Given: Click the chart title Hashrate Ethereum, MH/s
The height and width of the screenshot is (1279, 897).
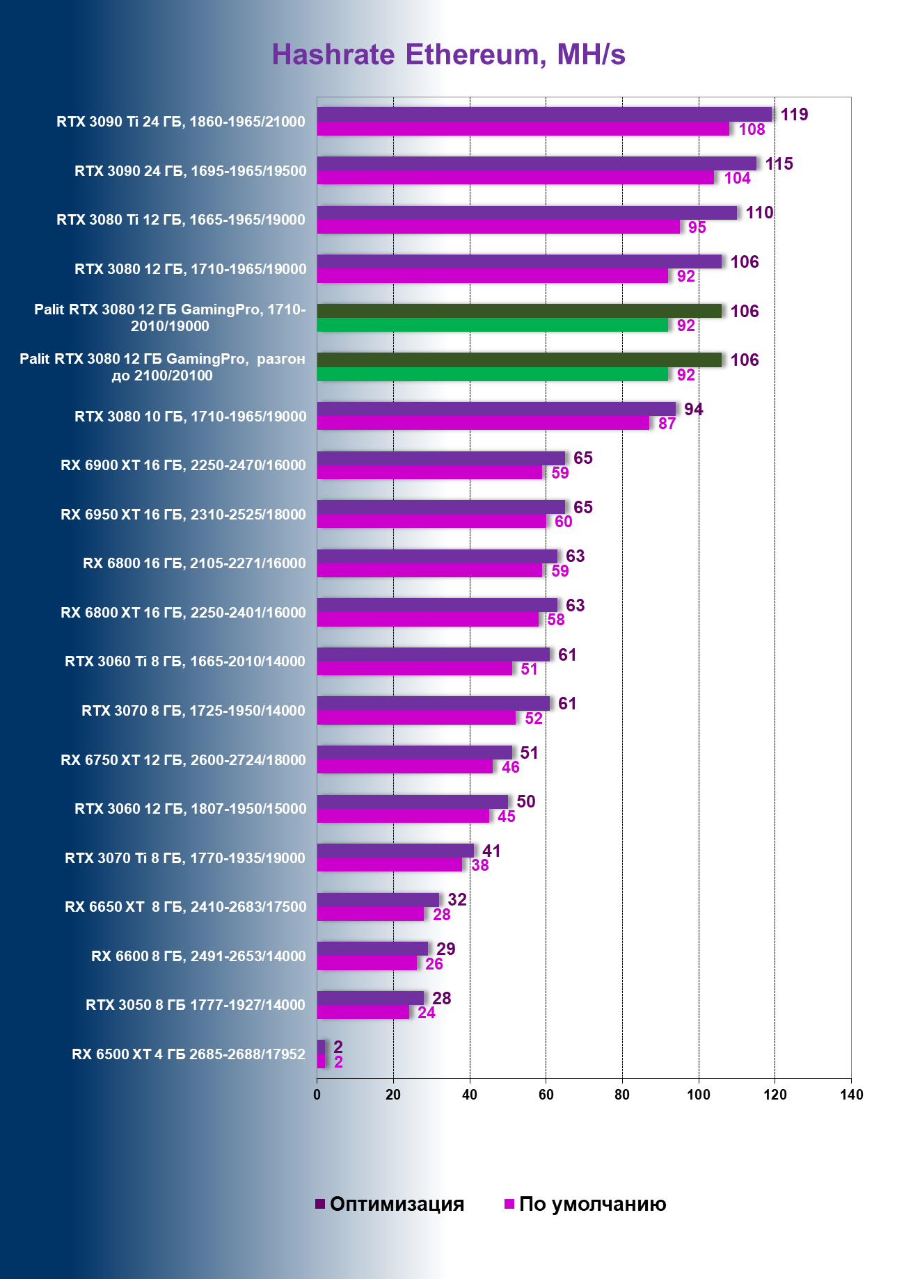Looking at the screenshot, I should [x=448, y=55].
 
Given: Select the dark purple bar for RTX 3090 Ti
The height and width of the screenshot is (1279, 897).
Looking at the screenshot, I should [x=544, y=115].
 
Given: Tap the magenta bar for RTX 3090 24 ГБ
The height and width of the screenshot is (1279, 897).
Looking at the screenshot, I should [x=516, y=178].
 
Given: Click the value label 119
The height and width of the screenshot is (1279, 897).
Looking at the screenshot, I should [x=794, y=115].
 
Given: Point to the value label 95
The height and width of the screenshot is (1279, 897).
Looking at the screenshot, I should [x=697, y=227].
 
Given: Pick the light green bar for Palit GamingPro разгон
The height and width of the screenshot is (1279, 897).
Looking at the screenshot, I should [x=493, y=374].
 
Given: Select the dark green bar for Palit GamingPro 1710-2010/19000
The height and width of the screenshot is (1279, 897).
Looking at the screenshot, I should [x=519, y=311].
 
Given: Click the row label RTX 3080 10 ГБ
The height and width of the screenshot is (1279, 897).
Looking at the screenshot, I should [x=190, y=417].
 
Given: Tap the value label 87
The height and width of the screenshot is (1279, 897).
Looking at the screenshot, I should [x=667, y=424].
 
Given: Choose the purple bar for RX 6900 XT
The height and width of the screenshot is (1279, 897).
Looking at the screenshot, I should [x=441, y=458].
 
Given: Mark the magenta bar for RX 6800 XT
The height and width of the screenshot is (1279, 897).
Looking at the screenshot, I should [x=428, y=620].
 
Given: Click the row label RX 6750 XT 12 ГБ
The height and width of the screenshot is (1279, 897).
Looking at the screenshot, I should [x=183, y=760].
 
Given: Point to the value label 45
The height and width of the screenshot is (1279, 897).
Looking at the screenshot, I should [x=506, y=817].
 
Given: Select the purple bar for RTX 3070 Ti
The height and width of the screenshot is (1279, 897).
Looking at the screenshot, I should [x=395, y=851].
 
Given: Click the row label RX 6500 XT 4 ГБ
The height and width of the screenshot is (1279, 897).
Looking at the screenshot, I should [x=189, y=1054].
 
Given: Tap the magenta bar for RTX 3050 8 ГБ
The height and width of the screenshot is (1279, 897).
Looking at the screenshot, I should [x=363, y=1013].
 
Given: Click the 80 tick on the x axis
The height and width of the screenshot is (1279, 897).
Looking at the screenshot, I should [x=622, y=1095].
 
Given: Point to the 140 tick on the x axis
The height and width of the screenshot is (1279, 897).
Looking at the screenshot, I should [x=851, y=1095].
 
